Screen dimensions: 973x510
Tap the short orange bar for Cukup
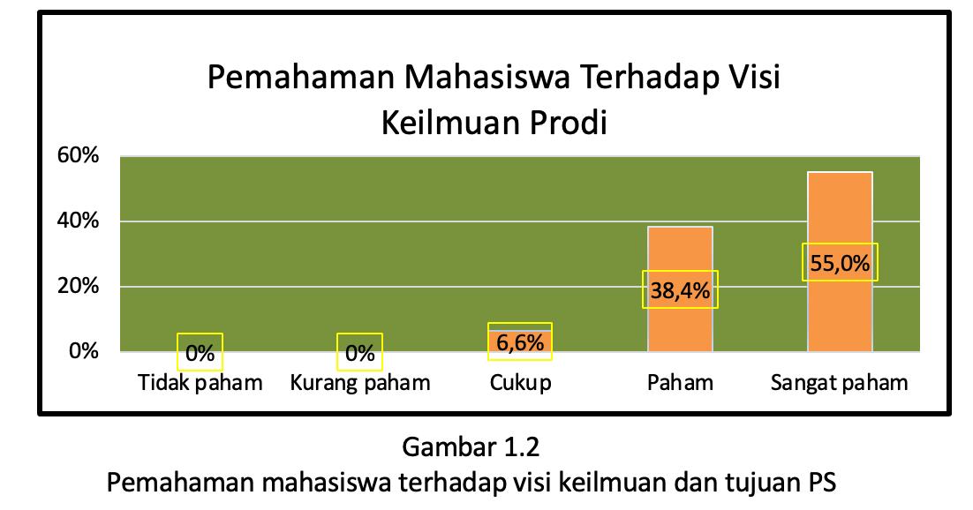[x=520, y=341]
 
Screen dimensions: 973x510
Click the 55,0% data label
[x=840, y=263]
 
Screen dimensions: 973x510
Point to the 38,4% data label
[x=680, y=289]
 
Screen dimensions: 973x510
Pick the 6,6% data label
[x=520, y=341]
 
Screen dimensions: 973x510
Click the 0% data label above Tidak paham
[x=200, y=353]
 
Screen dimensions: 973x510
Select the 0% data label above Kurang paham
[x=360, y=353]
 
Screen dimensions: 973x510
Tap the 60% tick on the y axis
[x=79, y=155]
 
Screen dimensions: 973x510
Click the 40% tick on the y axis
[x=79, y=221]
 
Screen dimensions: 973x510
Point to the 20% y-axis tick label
[x=79, y=286]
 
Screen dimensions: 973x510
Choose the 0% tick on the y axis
[x=84, y=351]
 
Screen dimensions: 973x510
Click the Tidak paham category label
[x=200, y=382]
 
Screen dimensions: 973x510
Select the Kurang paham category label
[x=360, y=382]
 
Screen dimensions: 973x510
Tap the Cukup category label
[x=520, y=382]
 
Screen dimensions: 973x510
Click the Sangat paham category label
[x=840, y=382]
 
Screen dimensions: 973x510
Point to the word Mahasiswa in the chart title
[x=487, y=77]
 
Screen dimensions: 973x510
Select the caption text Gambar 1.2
[x=471, y=446]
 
